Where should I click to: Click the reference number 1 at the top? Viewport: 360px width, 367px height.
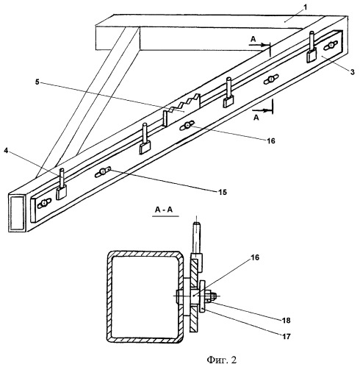(x=305, y=7)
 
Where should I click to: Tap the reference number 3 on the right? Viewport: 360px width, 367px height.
(x=352, y=72)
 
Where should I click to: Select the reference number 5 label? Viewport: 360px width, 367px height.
(x=37, y=82)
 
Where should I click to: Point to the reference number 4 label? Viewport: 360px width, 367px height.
(x=6, y=151)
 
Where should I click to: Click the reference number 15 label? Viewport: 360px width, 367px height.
(x=223, y=193)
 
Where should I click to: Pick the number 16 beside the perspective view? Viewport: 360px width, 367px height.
(x=270, y=140)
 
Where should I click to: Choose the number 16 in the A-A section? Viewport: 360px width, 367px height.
(x=254, y=257)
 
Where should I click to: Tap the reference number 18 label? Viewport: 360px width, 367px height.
(x=286, y=321)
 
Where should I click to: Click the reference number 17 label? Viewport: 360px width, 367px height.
(x=286, y=336)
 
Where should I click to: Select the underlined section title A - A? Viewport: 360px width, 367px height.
(x=164, y=210)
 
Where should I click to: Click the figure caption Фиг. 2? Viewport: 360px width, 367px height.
(x=222, y=360)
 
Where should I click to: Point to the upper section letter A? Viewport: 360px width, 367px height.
(x=253, y=39)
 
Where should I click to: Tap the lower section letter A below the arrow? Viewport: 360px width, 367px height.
(x=256, y=118)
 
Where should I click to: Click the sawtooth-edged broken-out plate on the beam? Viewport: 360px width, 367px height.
(x=181, y=110)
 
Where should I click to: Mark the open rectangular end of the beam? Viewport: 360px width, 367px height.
(x=17, y=213)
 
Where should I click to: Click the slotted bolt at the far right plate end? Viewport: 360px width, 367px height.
(x=331, y=46)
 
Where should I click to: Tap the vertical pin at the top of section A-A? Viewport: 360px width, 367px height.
(x=197, y=238)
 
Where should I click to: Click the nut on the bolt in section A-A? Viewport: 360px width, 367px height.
(x=212, y=296)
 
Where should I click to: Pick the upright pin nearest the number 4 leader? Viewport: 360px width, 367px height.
(x=62, y=177)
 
